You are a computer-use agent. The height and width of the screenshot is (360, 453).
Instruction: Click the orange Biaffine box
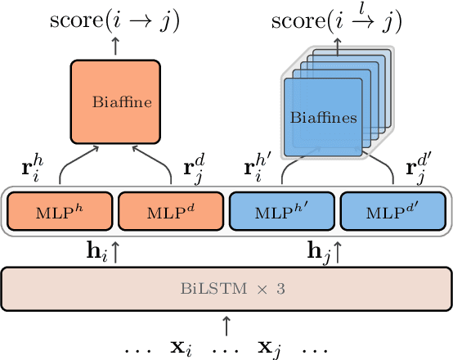point(114,102)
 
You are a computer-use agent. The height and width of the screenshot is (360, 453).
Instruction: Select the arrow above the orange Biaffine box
point(114,46)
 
